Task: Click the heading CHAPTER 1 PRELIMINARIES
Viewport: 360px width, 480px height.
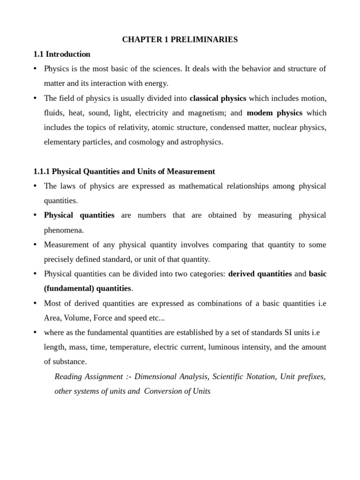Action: [x=180, y=40]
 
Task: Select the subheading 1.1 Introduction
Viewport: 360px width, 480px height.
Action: [x=62, y=54]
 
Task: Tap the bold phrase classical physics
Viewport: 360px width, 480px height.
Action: [x=217, y=98]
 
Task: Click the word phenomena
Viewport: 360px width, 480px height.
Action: [x=64, y=230]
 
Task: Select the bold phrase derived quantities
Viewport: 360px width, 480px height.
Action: [x=260, y=274]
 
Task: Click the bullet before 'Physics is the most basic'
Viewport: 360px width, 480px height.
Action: [x=36, y=69]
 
